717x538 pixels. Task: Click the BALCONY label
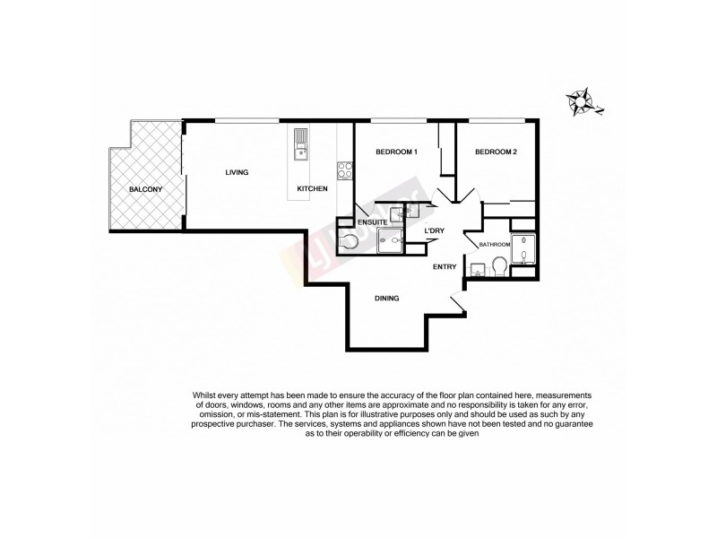pyautogui.click(x=145, y=190)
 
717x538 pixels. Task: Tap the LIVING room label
pyautogui.click(x=237, y=172)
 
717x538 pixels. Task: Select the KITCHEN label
pyautogui.click(x=312, y=189)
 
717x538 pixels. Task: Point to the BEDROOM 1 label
pyautogui.click(x=396, y=152)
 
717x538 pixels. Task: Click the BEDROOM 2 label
pyautogui.click(x=496, y=152)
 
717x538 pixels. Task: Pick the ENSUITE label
pyautogui.click(x=372, y=221)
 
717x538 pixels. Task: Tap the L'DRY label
pyautogui.click(x=435, y=232)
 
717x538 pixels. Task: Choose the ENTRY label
pyautogui.click(x=445, y=267)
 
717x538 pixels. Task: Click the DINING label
pyautogui.click(x=387, y=299)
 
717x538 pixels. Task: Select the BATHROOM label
pyautogui.click(x=495, y=245)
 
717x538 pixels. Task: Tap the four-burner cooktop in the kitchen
pyautogui.click(x=343, y=168)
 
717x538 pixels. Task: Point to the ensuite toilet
pyautogui.click(x=350, y=239)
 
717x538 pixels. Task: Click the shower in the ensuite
pyautogui.click(x=391, y=239)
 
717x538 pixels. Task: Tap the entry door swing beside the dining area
pyautogui.click(x=457, y=305)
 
